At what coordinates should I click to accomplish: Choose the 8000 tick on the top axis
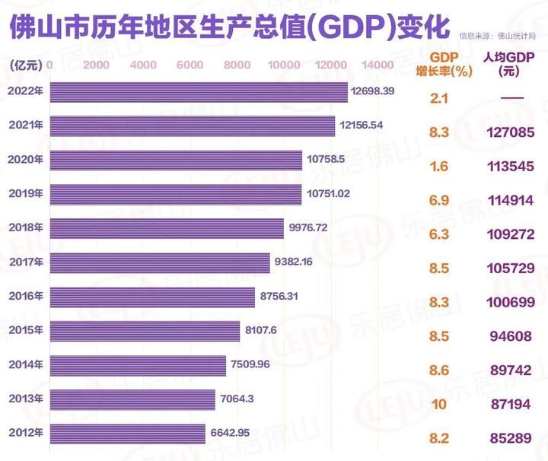[238, 65]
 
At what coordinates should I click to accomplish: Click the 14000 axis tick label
[378, 65]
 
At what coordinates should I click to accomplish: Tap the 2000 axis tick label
[97, 65]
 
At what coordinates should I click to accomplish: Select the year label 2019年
[25, 194]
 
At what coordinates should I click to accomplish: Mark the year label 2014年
[25, 364]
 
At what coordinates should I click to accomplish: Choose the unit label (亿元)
[26, 65]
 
